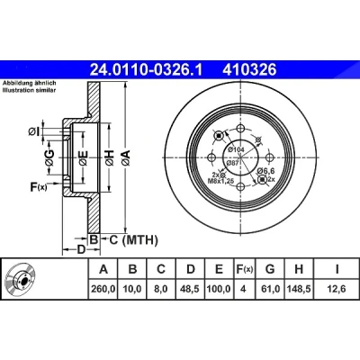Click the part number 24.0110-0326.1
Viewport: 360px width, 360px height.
click(x=147, y=70)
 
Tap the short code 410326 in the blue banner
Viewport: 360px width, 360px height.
click(x=249, y=70)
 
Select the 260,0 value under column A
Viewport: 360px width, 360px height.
click(x=103, y=289)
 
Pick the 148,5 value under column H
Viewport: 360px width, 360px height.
click(x=299, y=289)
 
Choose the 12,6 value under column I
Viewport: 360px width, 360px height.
click(x=337, y=289)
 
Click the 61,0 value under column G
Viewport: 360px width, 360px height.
click(x=270, y=289)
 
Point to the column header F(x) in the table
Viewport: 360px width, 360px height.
click(x=244, y=269)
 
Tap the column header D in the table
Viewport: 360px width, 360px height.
click(x=191, y=269)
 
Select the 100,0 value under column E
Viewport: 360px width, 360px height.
click(x=219, y=289)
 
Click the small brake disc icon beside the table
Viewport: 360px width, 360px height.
click(x=21, y=279)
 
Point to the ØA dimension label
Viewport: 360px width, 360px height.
click(x=126, y=157)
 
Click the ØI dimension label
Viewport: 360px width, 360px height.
click(x=34, y=131)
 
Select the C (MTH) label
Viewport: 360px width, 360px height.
click(x=133, y=240)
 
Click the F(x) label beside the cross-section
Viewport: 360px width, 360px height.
click(x=39, y=187)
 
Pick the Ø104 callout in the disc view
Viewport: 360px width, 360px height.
click(x=236, y=149)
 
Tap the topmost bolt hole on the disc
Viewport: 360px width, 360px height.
click(x=240, y=129)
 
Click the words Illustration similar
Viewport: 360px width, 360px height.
click(x=29, y=91)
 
